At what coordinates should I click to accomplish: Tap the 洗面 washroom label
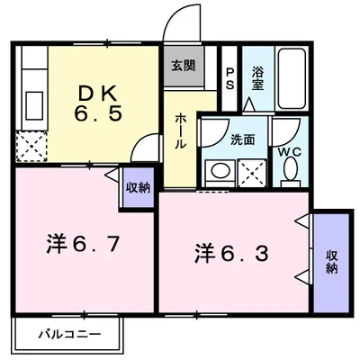[242, 139]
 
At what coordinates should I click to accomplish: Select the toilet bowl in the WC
[290, 173]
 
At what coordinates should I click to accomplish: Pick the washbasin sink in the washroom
[217, 172]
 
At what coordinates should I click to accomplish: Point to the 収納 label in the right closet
[331, 261]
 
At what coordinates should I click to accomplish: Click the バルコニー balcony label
[68, 336]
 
